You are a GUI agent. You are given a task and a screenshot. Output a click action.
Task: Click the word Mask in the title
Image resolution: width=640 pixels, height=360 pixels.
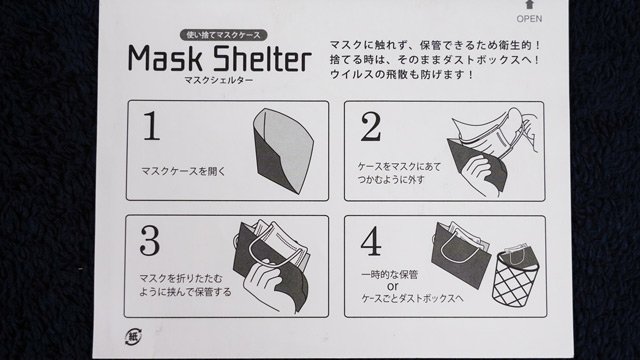(165, 58)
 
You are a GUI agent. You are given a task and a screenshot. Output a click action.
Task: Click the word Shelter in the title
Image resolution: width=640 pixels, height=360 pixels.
(262, 58)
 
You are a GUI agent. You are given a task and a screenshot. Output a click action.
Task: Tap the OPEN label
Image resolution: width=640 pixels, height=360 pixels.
(529, 19)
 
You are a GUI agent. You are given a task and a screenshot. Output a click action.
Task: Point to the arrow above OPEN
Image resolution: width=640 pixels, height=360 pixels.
(529, 4)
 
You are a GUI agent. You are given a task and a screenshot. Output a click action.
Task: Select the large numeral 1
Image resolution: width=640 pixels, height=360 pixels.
(151, 126)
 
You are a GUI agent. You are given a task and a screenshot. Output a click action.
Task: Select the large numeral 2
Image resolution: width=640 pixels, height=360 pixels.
(371, 127)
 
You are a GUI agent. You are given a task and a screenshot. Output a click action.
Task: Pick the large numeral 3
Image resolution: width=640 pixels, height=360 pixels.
(150, 241)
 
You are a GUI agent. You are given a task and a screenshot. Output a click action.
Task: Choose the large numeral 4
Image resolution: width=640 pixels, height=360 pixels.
(371, 242)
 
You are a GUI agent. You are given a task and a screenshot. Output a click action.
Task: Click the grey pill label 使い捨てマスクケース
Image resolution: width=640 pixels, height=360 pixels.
(223, 35)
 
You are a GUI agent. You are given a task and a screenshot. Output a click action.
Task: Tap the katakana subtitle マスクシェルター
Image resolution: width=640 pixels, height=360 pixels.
(219, 80)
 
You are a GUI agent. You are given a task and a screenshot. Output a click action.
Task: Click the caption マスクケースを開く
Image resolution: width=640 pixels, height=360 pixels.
(183, 171)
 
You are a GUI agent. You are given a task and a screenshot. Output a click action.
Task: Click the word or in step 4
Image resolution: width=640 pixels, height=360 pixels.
(392, 286)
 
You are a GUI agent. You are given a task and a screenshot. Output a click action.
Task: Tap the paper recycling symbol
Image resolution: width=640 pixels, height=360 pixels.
(133, 337)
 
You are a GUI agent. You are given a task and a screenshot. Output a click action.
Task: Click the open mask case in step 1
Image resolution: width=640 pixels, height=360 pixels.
(282, 151)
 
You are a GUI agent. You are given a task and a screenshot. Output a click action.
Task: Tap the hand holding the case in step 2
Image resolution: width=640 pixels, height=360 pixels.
(480, 170)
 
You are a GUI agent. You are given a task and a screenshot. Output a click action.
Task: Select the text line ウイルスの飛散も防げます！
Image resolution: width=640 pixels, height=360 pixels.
(402, 75)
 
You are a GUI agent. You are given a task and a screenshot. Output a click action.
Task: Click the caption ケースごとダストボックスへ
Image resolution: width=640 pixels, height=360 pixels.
(412, 299)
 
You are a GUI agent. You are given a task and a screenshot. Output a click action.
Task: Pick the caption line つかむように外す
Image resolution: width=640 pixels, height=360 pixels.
(391, 179)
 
